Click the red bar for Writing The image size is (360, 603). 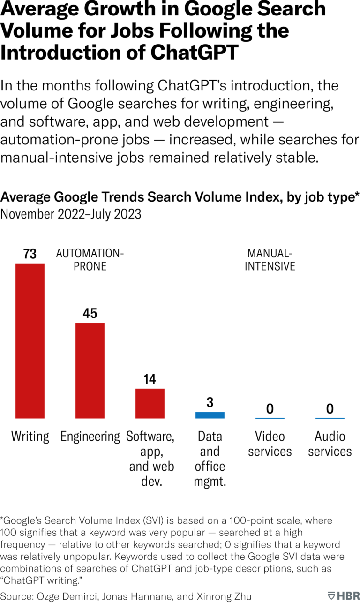(x=30, y=340)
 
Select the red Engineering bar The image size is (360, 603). (x=90, y=370)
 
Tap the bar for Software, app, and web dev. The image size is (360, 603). (x=150, y=403)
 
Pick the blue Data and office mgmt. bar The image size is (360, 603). (x=210, y=415)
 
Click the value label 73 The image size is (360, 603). (x=30, y=254)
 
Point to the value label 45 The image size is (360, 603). (x=90, y=313)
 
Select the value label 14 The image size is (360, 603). (x=150, y=379)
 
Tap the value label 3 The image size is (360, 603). (x=210, y=402)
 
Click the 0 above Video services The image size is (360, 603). (x=270, y=409)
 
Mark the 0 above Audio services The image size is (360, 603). (x=330, y=409)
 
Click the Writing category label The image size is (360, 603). (x=30, y=437)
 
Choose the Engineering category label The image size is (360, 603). (x=90, y=437)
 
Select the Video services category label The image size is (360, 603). (x=270, y=444)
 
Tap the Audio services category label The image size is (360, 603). (x=330, y=444)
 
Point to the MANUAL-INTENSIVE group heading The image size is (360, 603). (x=271, y=260)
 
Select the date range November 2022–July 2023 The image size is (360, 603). (x=71, y=214)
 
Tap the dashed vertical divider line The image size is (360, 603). (x=180, y=366)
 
